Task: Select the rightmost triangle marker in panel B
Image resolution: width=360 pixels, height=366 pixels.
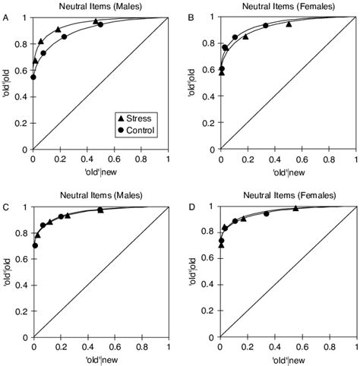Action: (x=288, y=24)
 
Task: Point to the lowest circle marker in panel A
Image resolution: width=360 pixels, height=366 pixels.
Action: (x=33, y=77)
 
